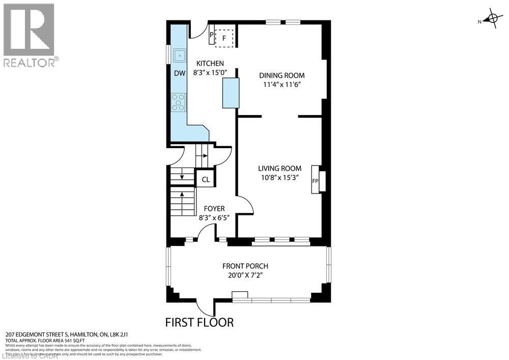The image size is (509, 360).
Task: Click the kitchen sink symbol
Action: pyautogui.click(x=179, y=54)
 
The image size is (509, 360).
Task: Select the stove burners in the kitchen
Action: pyautogui.click(x=179, y=102)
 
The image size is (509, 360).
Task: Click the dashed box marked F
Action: pyautogui.click(x=224, y=38)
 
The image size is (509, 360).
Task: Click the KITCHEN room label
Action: pyautogui.click(x=210, y=64)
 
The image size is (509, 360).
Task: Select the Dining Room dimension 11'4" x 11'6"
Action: pyautogui.click(x=284, y=85)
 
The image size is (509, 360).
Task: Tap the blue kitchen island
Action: pyautogui.click(x=231, y=93)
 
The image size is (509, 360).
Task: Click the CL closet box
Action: pyautogui.click(x=206, y=179)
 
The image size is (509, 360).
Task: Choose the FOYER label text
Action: pyautogui.click(x=214, y=209)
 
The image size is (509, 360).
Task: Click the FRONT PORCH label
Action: pyautogui.click(x=245, y=266)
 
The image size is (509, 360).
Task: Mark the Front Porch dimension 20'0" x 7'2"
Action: pyautogui.click(x=245, y=275)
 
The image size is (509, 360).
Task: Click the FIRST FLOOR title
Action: pyautogui.click(x=200, y=322)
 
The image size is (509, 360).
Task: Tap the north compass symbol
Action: pyautogui.click(x=491, y=20)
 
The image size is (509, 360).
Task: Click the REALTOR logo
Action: pyautogui.click(x=29, y=35)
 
